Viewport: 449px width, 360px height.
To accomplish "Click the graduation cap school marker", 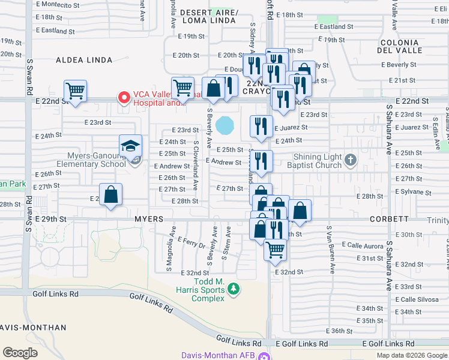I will click(x=130, y=146).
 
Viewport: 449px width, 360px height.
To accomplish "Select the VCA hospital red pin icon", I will click(x=124, y=97).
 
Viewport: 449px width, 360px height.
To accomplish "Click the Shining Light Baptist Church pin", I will click(x=351, y=160).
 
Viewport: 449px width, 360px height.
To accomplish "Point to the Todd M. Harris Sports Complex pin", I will click(x=234, y=290).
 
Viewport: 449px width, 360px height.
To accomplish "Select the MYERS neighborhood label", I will click(x=149, y=220).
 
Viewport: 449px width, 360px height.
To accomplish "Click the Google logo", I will click(x=20, y=352).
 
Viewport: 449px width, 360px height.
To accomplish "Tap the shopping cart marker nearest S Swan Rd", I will click(x=75, y=92).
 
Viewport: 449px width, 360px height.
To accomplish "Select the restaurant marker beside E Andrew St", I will click(x=261, y=161).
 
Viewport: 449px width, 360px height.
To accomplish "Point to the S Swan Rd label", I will click(x=29, y=73).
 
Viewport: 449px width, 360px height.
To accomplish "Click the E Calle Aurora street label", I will click(x=362, y=245).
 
